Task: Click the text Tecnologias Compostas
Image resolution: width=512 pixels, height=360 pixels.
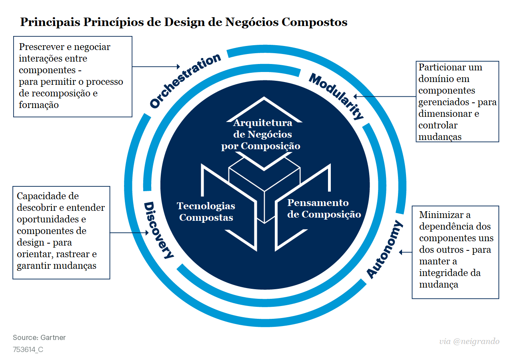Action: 206,212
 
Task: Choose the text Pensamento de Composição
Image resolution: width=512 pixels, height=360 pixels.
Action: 324,208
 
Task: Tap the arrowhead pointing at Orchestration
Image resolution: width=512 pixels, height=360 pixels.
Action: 178,66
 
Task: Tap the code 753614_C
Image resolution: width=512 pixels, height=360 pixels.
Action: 28,350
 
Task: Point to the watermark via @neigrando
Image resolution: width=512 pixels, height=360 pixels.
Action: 469,341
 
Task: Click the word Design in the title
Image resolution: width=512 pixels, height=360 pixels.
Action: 184,22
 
